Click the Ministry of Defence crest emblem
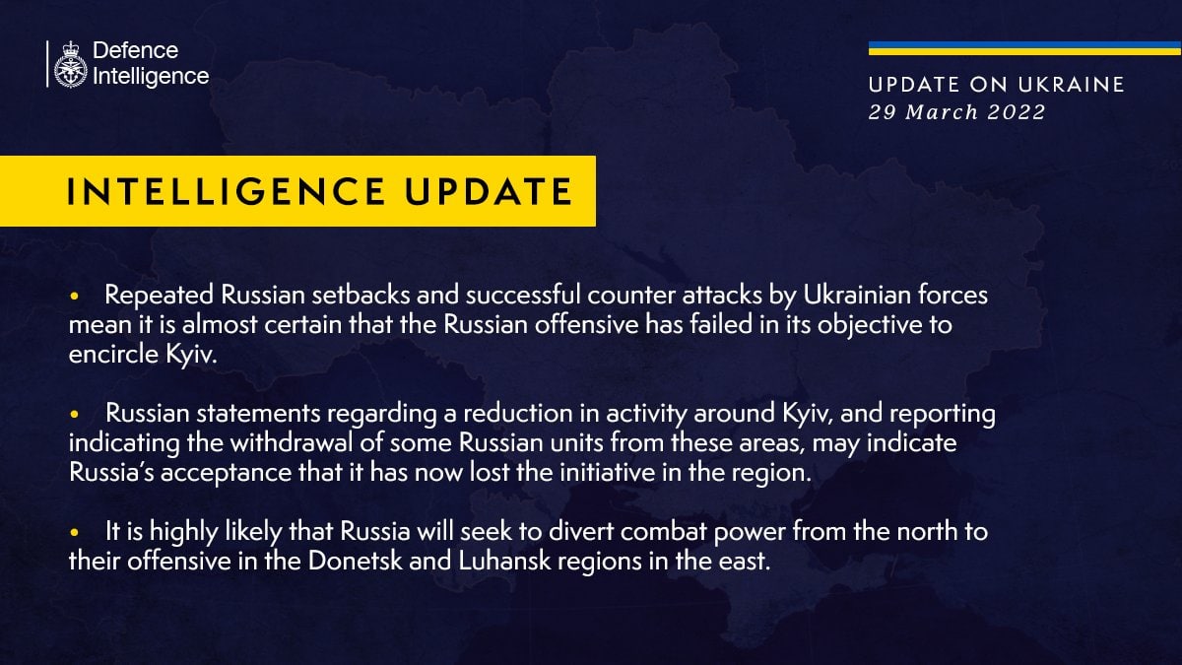click(x=70, y=64)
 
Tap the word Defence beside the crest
click(x=136, y=50)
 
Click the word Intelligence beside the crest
click(x=151, y=77)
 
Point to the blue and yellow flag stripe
click(x=1024, y=48)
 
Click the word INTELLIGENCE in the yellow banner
click(x=226, y=191)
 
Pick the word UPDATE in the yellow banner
click(x=489, y=191)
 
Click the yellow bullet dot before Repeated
click(x=74, y=297)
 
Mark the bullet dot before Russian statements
click(x=74, y=415)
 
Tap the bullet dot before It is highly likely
click(x=74, y=533)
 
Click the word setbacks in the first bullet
click(x=361, y=295)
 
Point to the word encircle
click(x=113, y=354)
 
